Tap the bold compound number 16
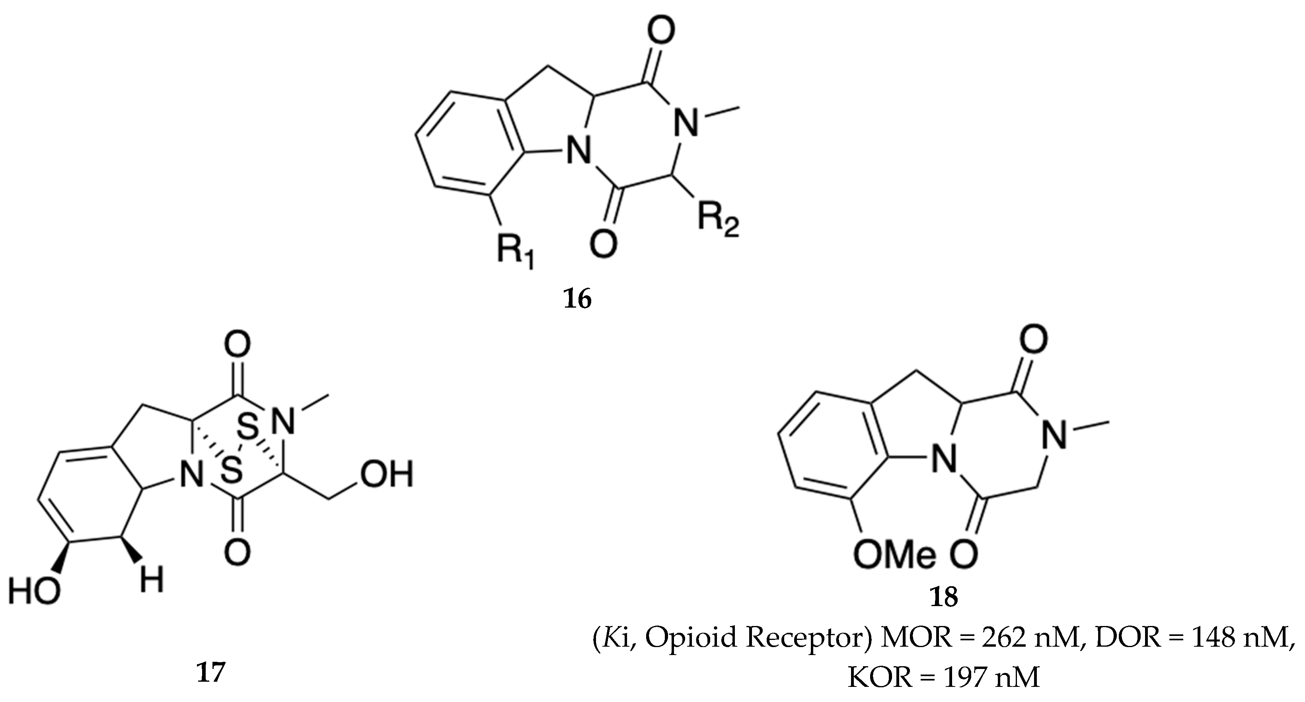click(578, 300)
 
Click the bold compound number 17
click(210, 673)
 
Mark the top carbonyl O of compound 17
click(237, 345)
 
